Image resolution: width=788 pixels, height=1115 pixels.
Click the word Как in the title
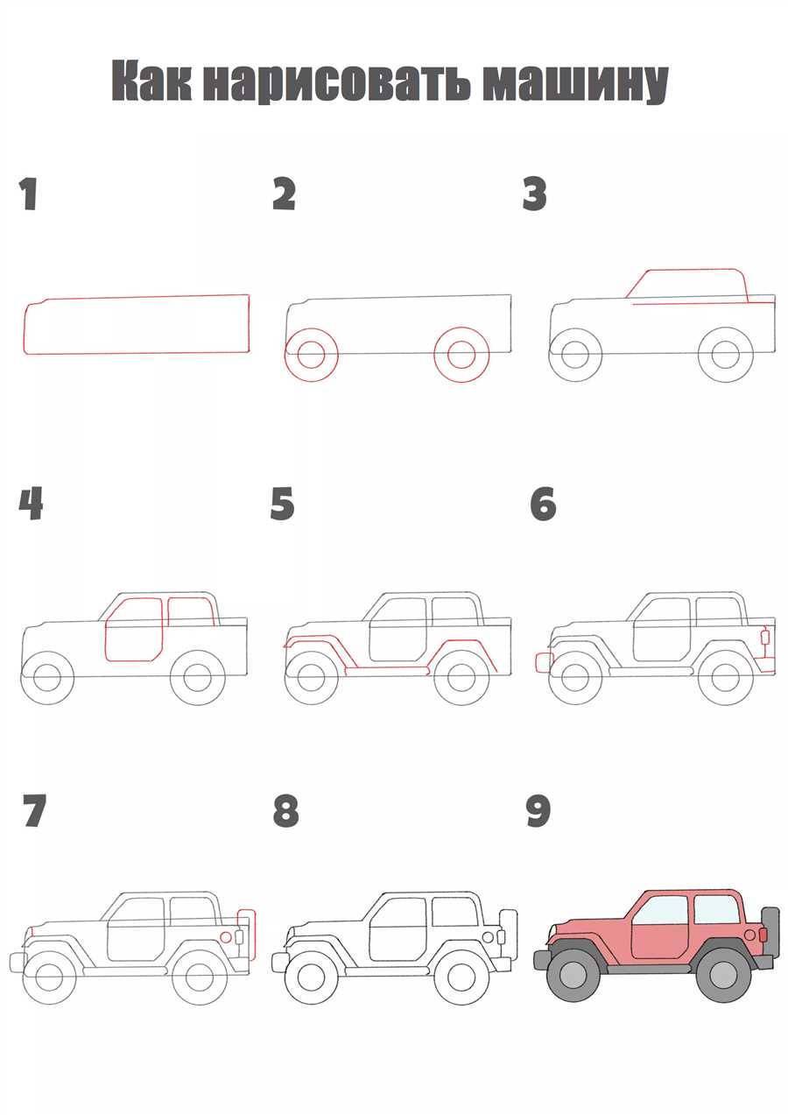152,81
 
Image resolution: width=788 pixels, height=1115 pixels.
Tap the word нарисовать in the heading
336,82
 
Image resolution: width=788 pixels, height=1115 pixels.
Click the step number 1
29,194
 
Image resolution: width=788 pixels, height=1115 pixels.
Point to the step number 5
282,504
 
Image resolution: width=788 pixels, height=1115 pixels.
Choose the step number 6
543,505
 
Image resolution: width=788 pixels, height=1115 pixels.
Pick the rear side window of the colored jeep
715,909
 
